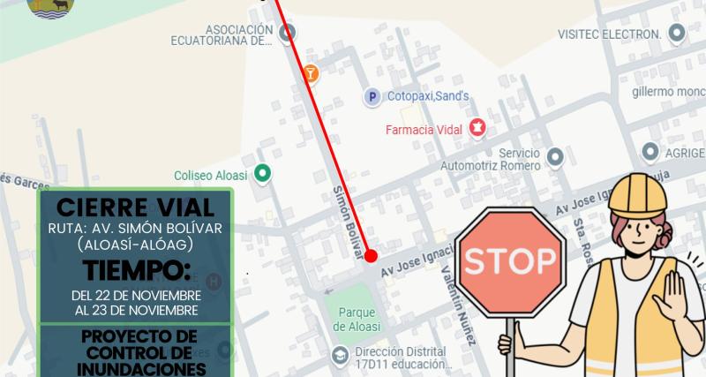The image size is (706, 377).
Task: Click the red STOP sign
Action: coord(510,262)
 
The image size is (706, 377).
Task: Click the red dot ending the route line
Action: coord(371,256)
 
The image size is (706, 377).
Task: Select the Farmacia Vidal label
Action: coord(426,130)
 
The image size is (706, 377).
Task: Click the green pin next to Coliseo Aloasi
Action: coord(261,172)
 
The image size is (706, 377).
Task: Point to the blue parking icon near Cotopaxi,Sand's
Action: coord(372,96)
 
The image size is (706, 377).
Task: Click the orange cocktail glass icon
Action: coord(310,72)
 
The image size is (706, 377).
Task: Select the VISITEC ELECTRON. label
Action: coord(609,34)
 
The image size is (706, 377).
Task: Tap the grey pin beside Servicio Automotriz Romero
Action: coord(554,157)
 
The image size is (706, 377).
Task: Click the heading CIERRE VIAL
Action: coord(135,208)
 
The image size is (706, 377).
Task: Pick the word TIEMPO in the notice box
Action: coord(135,268)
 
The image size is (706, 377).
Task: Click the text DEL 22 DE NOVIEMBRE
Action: coord(136,294)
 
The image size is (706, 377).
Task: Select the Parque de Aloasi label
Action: coord(357,319)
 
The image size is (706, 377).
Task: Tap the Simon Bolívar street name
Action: coord(347,222)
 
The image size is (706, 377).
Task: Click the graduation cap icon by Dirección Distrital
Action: coord(340,355)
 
